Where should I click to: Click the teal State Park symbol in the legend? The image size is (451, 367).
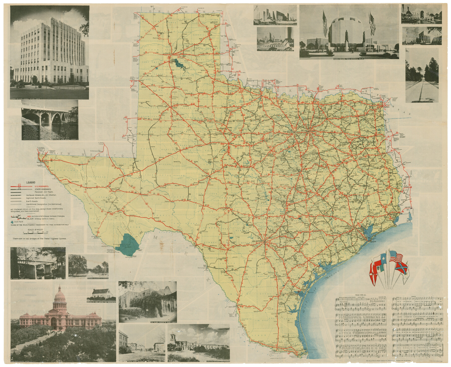12,222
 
